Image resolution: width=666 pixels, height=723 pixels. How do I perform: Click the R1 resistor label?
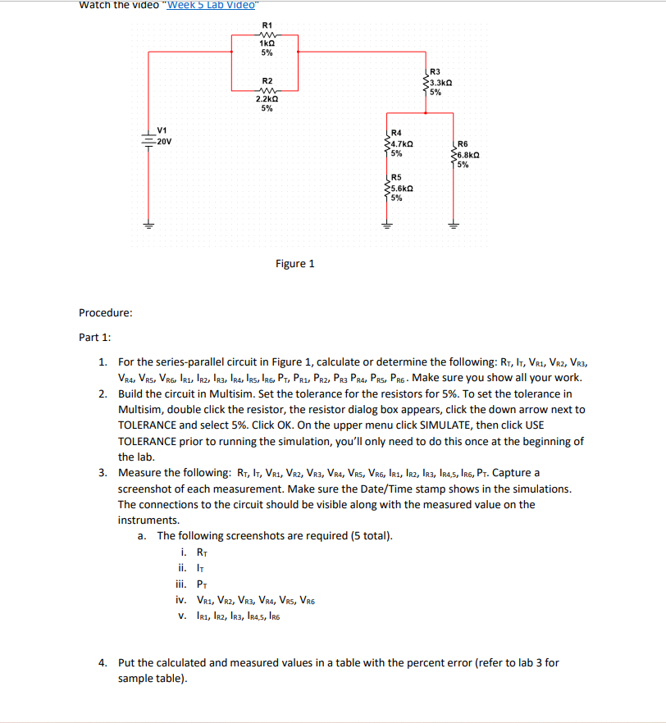pyautogui.click(x=267, y=25)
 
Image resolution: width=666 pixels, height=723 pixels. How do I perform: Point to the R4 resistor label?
pyautogui.click(x=397, y=132)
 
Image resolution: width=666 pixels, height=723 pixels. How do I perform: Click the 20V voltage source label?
pyautogui.click(x=164, y=141)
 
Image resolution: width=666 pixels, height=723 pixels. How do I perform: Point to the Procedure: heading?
pyautogui.click(x=106, y=312)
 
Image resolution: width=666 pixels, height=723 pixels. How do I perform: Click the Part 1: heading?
pyautogui.click(x=95, y=337)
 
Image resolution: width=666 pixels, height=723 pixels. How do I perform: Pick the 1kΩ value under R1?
pyautogui.click(x=267, y=43)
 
